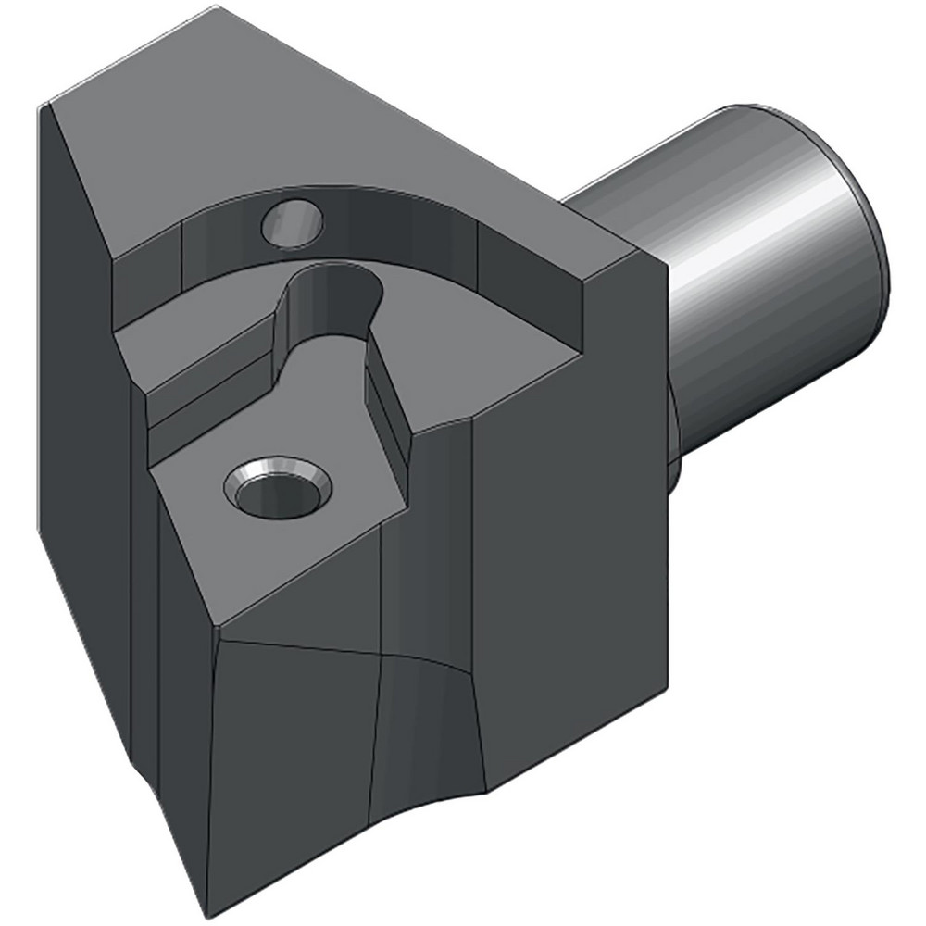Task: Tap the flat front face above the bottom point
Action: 287,741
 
